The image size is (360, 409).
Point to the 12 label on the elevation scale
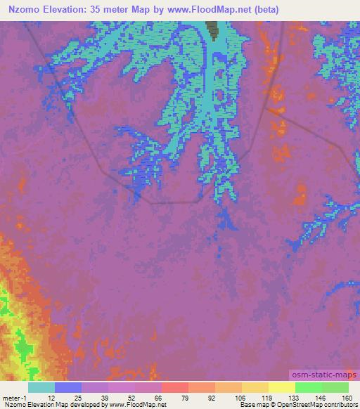point(51,397)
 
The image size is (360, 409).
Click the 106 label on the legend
point(240,397)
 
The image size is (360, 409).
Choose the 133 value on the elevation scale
point(293,397)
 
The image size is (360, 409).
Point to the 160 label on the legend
point(347,397)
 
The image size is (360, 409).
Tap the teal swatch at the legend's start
point(41,387)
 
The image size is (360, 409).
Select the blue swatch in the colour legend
point(68,387)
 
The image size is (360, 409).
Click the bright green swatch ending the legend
point(335,387)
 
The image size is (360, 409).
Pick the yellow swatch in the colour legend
point(282,387)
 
